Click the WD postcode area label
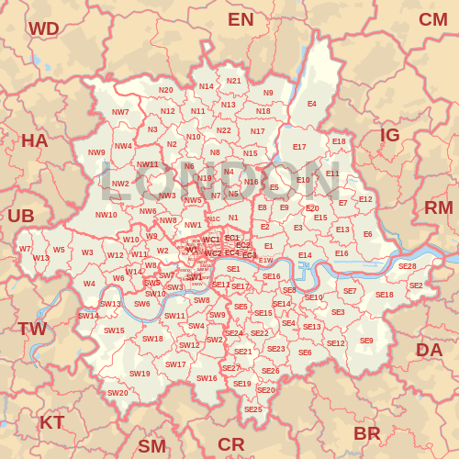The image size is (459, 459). [x=43, y=28]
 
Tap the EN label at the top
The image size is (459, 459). [x=241, y=19]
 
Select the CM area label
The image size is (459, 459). [x=433, y=19]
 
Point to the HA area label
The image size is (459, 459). [x=34, y=140]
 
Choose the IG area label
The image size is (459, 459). [x=390, y=135]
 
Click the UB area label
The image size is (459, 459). [x=20, y=216]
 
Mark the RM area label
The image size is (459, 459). [x=439, y=207]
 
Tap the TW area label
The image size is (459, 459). [x=32, y=329]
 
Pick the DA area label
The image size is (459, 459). [x=429, y=349]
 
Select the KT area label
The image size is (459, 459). [x=51, y=422]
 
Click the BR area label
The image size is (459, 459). [x=367, y=432]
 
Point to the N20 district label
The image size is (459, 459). [x=165, y=90]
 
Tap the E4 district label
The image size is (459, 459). [x=312, y=104]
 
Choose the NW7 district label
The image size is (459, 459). [x=120, y=112]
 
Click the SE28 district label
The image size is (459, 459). [x=407, y=266]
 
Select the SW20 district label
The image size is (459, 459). [x=118, y=393]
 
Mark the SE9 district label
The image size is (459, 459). [x=366, y=341]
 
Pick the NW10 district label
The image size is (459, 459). [x=106, y=215]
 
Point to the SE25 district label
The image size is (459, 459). [x=253, y=409]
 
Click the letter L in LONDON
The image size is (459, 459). [x=114, y=181]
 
